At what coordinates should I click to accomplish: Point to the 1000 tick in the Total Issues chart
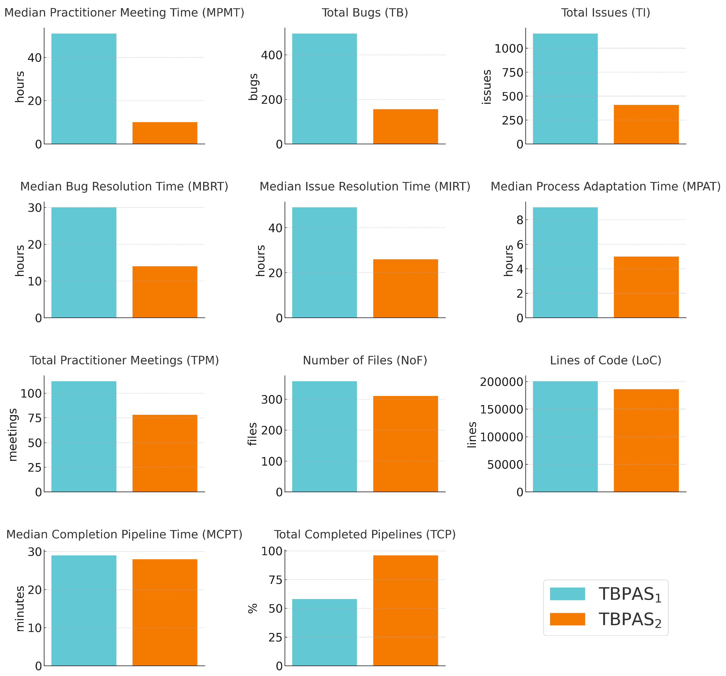[x=509, y=48]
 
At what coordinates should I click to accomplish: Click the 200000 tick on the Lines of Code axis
[x=501, y=382]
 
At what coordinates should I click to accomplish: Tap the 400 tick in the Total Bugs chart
[x=272, y=55]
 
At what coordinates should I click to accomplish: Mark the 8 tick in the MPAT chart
[x=520, y=220]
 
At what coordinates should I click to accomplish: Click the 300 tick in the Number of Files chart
[x=272, y=399]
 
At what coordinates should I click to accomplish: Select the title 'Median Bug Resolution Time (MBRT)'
[x=124, y=187]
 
